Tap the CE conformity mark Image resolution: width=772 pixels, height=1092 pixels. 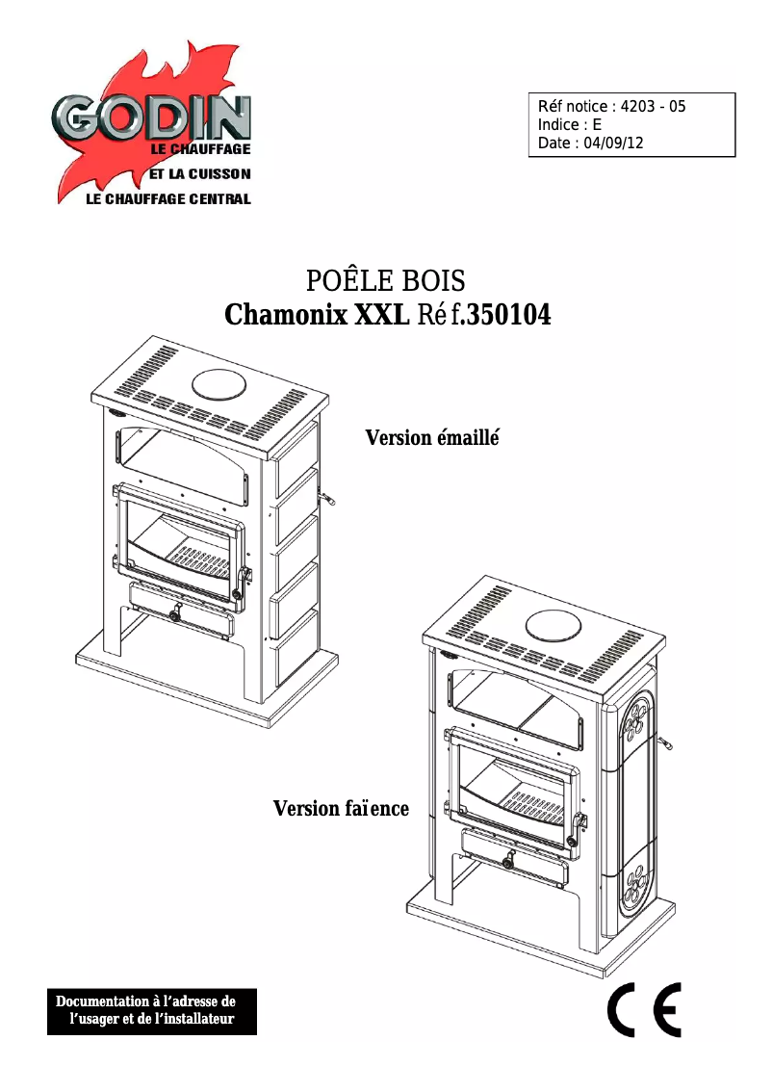644,1010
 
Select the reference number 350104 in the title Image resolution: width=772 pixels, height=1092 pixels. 508,315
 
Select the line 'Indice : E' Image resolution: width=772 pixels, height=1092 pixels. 570,125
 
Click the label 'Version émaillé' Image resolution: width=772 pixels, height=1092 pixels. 434,438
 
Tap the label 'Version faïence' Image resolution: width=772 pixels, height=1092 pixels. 341,808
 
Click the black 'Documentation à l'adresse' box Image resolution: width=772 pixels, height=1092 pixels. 152,1010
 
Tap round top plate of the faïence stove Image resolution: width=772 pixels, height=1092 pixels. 555,624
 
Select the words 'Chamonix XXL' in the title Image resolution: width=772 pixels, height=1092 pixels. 316,315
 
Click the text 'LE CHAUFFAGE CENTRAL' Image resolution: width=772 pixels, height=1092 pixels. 168,199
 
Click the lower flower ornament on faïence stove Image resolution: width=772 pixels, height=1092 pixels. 634,887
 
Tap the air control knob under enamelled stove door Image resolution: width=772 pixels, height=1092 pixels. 174,615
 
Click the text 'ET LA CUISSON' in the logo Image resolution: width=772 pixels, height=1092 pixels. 199,174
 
